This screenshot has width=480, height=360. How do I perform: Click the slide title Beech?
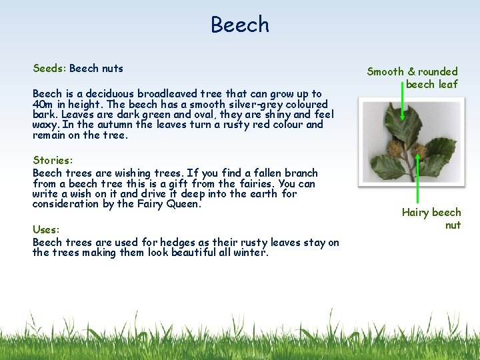click(x=240, y=25)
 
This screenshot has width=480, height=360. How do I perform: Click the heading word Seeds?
click(x=49, y=68)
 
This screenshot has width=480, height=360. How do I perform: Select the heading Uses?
click(x=46, y=229)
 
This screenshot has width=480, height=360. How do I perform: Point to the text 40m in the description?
click(x=43, y=105)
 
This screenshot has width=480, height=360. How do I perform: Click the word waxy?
click(x=45, y=125)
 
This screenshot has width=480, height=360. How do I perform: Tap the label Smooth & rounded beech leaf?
click(x=413, y=78)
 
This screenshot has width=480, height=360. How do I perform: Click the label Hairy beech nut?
click(x=432, y=218)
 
